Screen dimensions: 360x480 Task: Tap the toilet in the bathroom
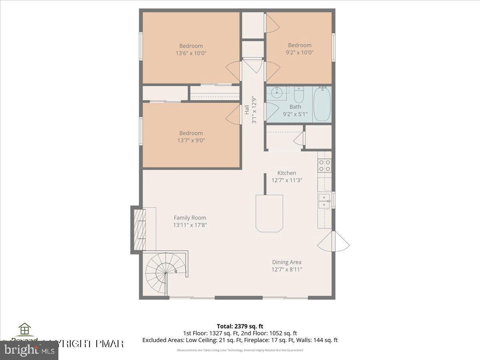coord(299,95)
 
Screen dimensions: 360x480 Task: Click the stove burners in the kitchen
coord(324,165)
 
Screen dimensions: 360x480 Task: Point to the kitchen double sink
coord(324,201)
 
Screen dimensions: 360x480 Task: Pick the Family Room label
coord(190,218)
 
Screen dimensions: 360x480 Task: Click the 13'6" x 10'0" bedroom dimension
coord(191,53)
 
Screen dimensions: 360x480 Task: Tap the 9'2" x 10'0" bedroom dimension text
coord(300,52)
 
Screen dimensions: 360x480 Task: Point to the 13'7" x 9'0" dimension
coord(191,140)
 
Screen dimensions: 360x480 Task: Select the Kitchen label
coord(287,173)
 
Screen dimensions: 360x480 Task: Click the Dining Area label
coord(287,262)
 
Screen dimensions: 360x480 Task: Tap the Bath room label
coord(295,106)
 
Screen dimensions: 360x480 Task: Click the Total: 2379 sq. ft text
coord(240,326)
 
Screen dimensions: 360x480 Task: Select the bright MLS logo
coord(29,350)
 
